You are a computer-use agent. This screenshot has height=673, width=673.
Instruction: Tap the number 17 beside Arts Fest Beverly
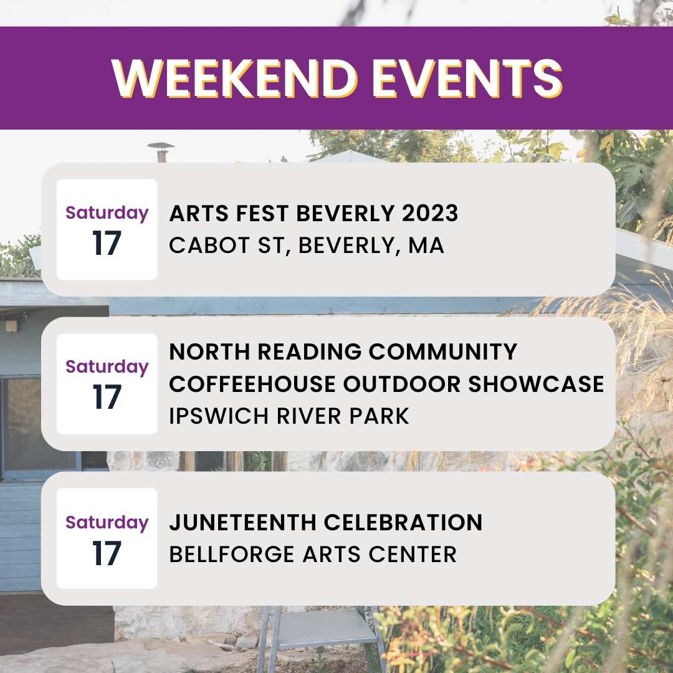[107, 244]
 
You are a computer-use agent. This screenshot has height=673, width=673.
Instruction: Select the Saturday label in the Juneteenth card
[107, 522]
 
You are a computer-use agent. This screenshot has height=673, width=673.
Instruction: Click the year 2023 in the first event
[430, 214]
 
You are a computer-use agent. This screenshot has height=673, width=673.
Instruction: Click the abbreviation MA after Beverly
[426, 245]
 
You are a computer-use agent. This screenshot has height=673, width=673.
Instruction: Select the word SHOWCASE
[536, 384]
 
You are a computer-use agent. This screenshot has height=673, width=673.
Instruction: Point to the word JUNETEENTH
[240, 522]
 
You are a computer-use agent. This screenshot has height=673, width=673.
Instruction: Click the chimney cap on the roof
[160, 147]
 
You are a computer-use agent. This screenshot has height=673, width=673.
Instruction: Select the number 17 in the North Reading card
[107, 398]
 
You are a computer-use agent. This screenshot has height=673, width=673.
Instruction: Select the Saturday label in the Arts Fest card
[107, 213]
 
